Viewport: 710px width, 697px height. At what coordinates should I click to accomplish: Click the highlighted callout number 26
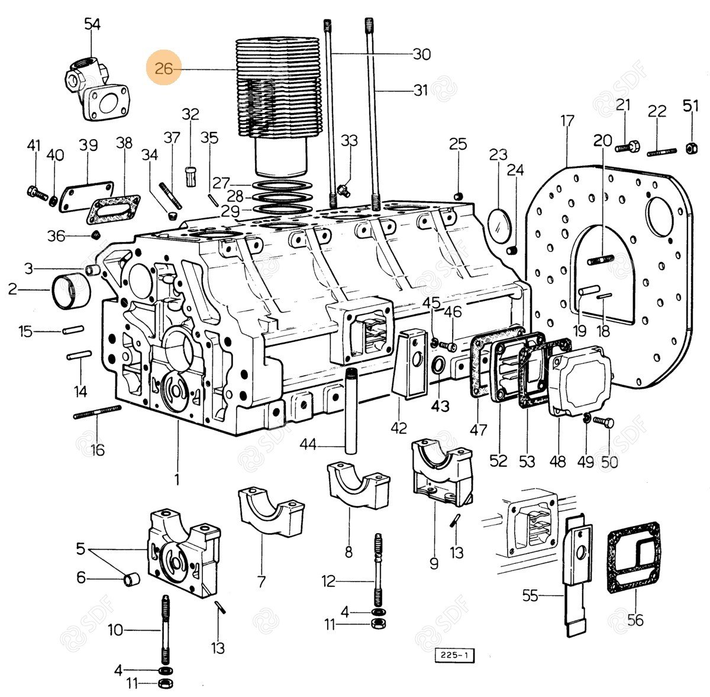[163, 69]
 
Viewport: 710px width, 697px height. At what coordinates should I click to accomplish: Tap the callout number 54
[92, 24]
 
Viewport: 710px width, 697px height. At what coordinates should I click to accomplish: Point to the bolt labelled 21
[627, 145]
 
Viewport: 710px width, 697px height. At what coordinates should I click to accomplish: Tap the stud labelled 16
[97, 412]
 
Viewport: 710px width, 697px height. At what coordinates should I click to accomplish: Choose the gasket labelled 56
[634, 556]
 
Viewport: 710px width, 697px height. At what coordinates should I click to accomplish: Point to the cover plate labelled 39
[88, 191]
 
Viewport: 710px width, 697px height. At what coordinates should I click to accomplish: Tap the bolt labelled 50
[604, 422]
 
